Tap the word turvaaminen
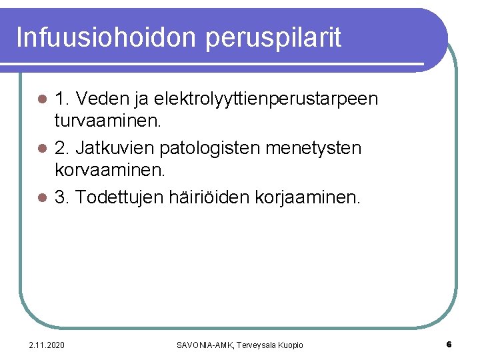[106, 121]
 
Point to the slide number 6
[449, 345]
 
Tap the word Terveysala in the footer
[253, 345]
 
